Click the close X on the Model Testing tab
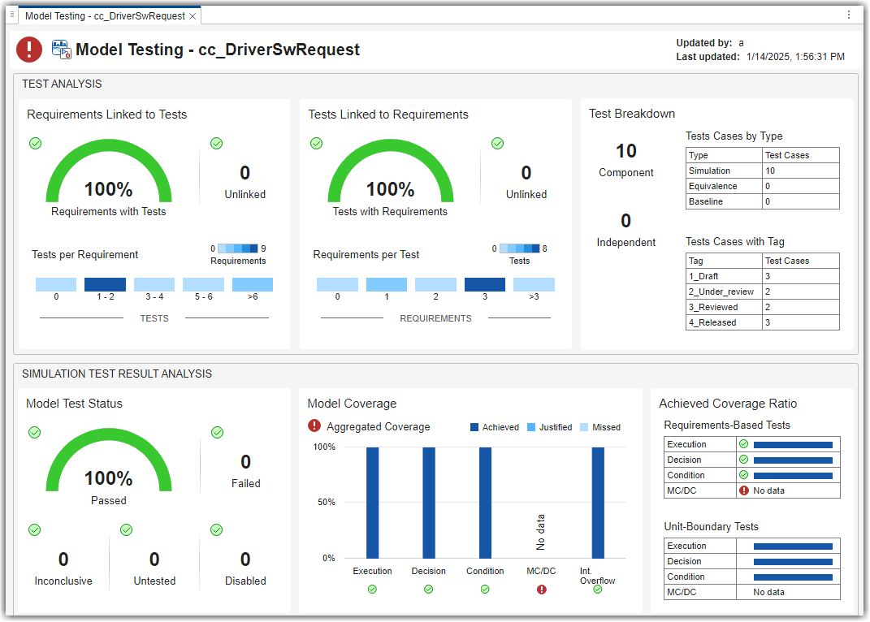tap(193, 15)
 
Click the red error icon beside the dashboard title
tap(29, 50)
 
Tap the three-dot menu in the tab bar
tap(849, 15)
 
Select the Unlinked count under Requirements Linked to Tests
tap(245, 173)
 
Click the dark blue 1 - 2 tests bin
tap(106, 284)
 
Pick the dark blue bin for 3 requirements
tap(485, 284)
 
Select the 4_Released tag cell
tap(724, 322)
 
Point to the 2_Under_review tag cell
tap(724, 292)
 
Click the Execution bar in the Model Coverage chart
tap(372, 502)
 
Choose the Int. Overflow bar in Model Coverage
tap(598, 502)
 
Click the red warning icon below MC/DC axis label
tap(541, 590)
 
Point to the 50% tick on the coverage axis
tap(324, 502)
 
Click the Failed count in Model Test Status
tap(245, 462)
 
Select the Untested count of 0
tap(154, 559)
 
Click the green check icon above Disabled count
tap(217, 530)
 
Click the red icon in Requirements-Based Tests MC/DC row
tap(743, 490)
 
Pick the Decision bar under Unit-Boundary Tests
tap(793, 561)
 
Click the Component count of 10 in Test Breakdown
tap(625, 151)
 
